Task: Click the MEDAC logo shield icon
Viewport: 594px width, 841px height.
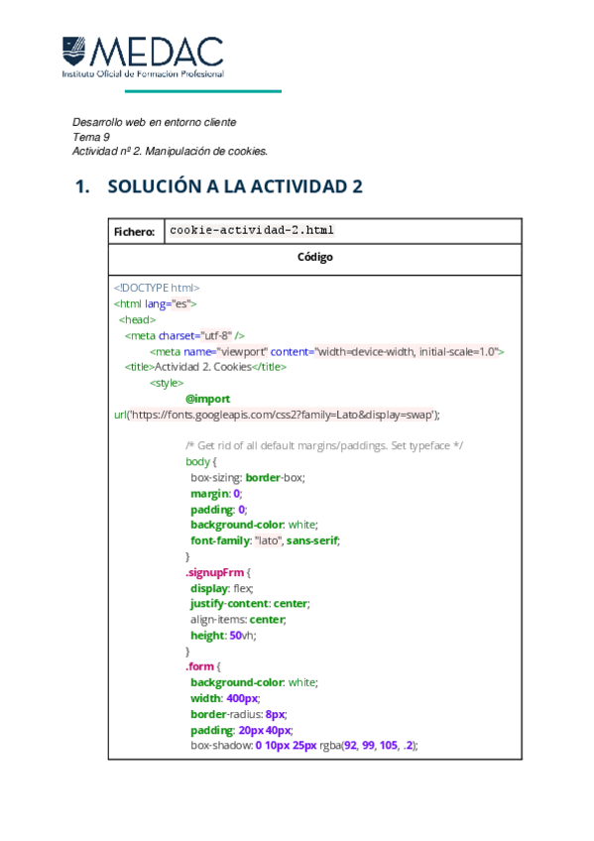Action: [74, 51]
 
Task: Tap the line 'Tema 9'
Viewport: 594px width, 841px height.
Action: [91, 137]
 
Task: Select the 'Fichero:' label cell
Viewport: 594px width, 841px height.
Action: [134, 232]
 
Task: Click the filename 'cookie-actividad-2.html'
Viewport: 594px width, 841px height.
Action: [252, 230]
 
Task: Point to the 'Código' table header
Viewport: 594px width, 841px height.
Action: [314, 257]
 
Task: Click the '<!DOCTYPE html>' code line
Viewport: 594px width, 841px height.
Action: [157, 287]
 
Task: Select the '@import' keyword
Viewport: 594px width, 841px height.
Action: [207, 399]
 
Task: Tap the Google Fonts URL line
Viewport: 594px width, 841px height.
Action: [278, 415]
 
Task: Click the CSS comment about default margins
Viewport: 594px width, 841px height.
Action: [324, 445]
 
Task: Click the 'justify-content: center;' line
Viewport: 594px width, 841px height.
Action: [250, 603]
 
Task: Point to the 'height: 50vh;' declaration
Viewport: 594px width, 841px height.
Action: [222, 635]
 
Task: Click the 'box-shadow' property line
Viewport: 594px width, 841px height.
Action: [304, 745]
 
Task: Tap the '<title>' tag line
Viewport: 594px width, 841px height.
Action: [205, 366]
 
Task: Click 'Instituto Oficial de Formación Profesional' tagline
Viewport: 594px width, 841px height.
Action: [143, 73]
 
